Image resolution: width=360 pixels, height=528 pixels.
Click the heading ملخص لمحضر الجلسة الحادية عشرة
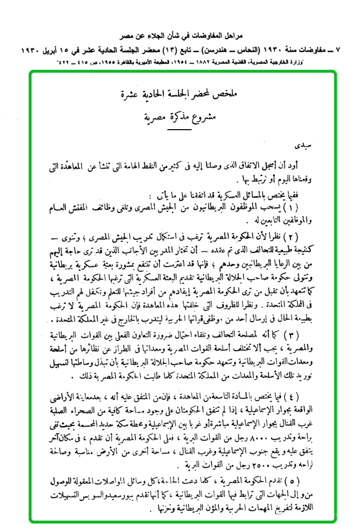[x=183, y=94]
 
